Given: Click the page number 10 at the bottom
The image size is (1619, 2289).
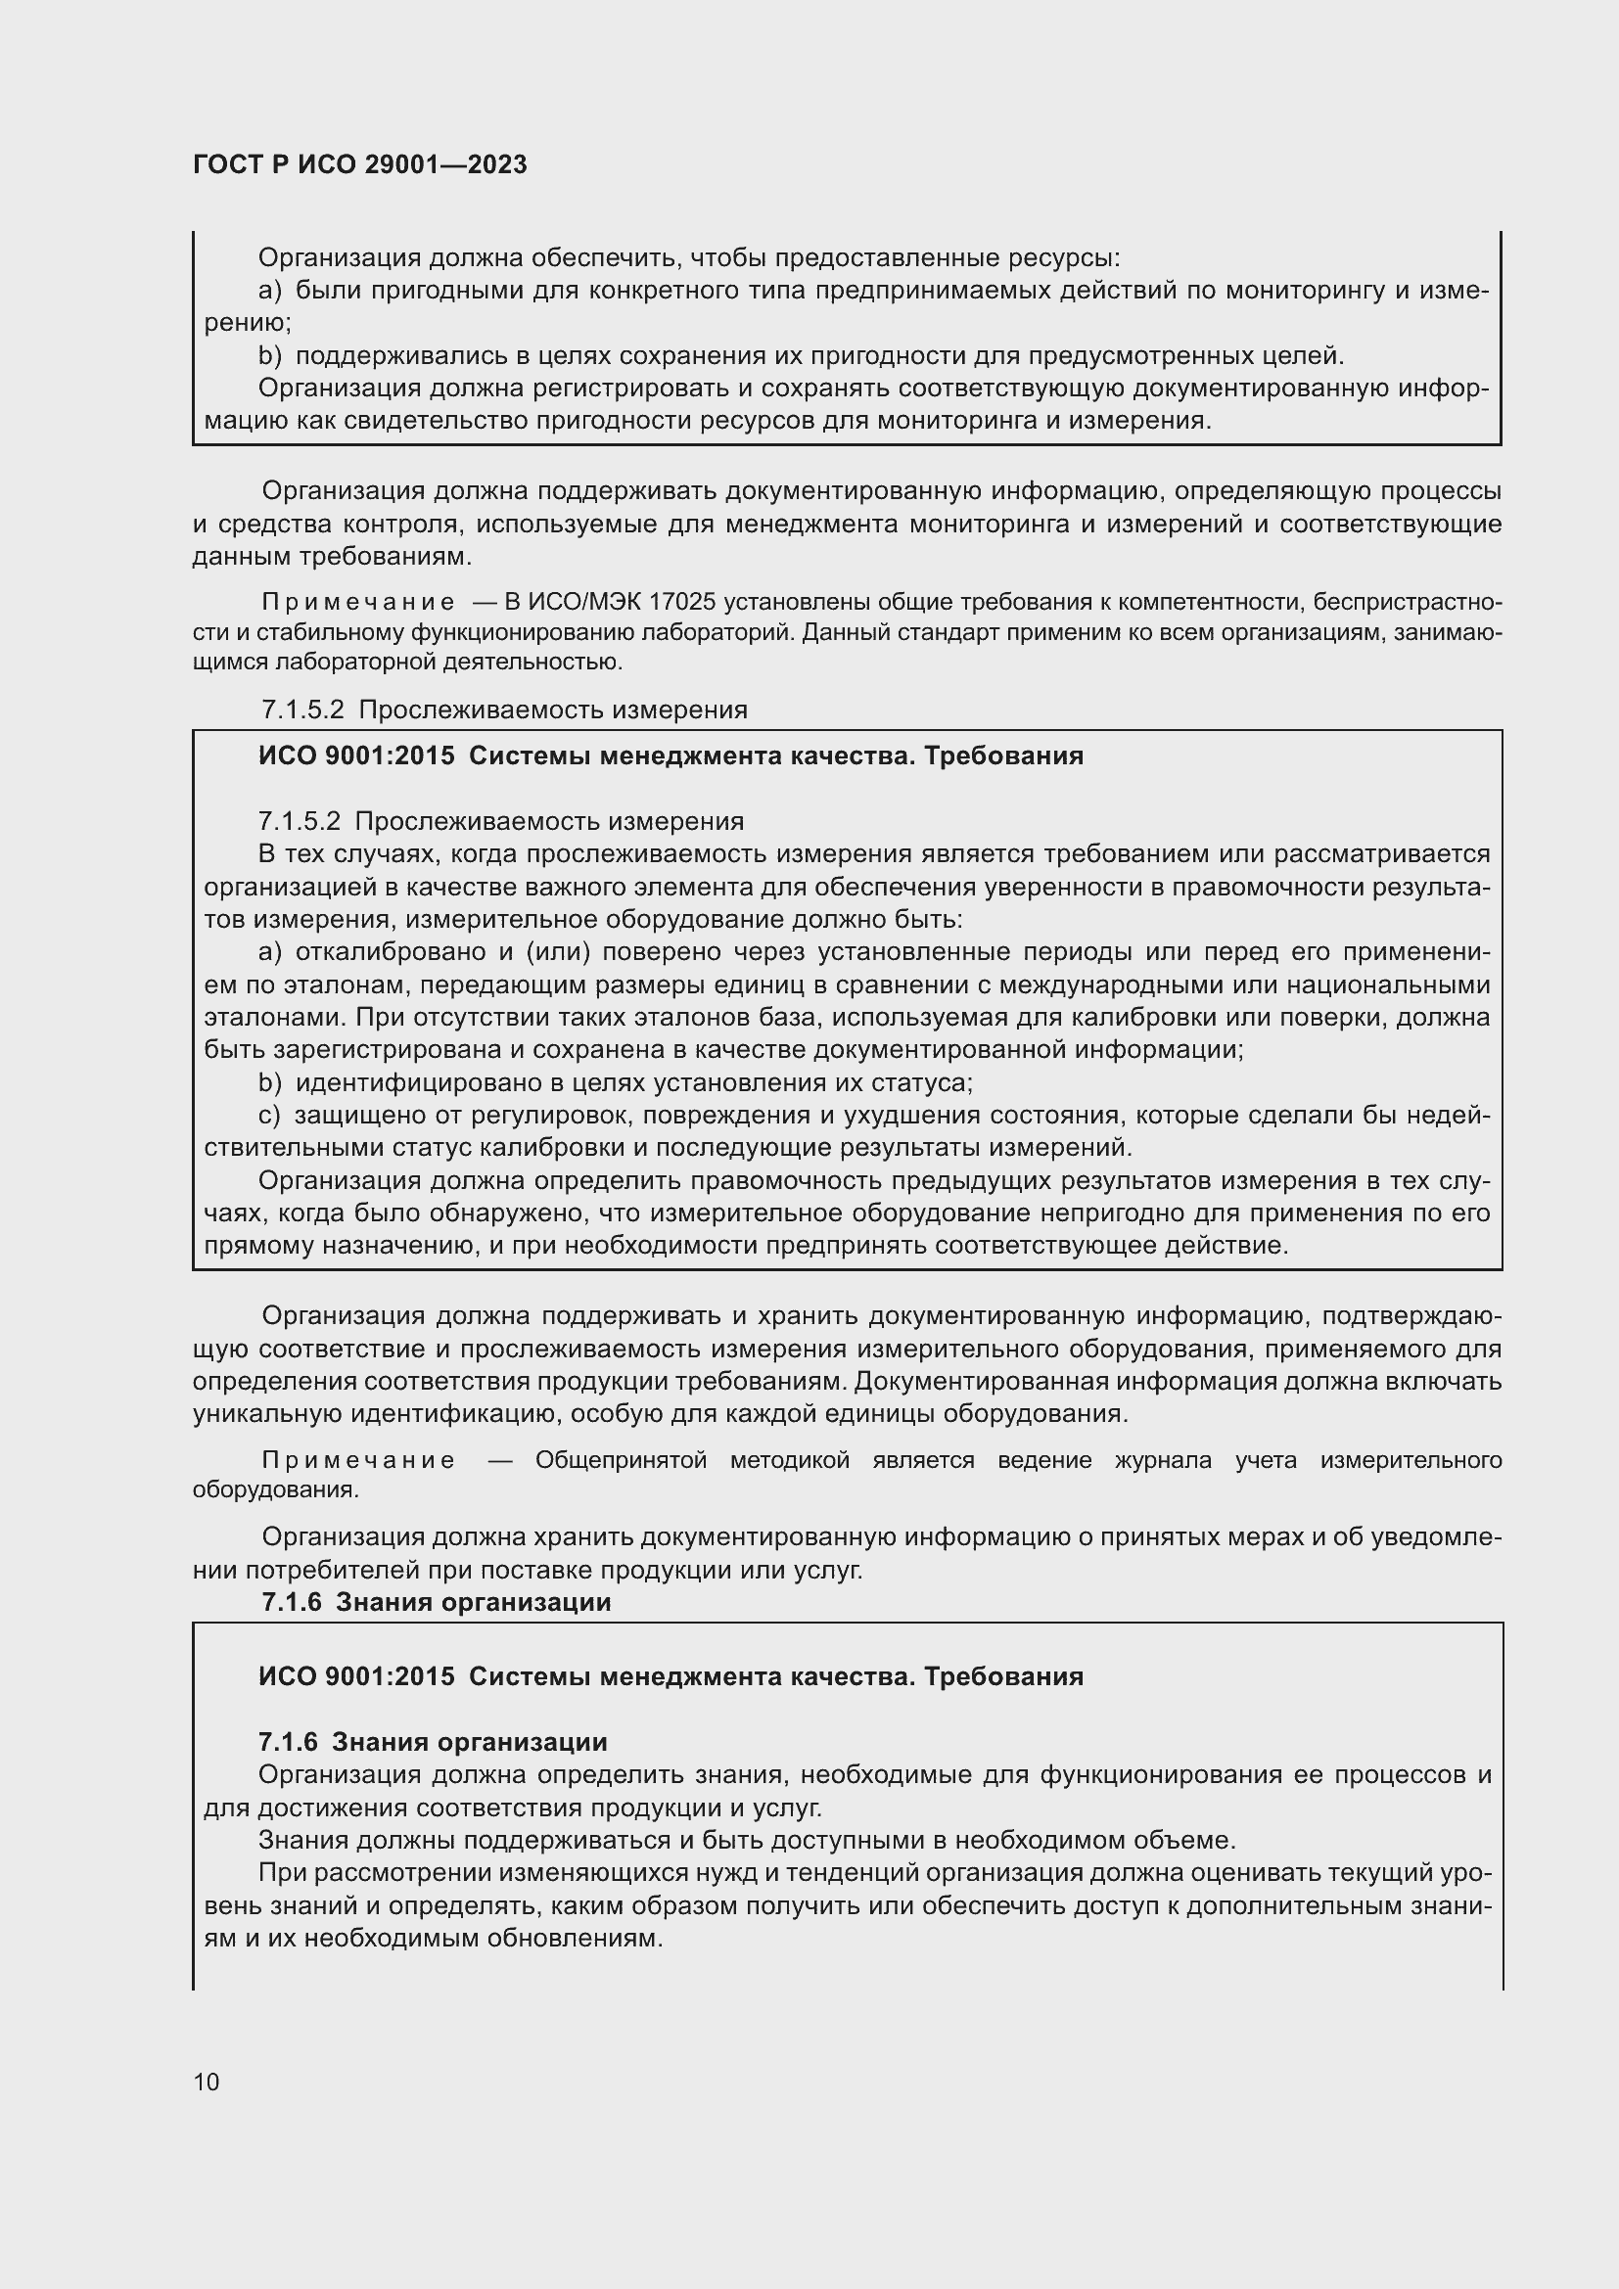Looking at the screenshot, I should [207, 2082].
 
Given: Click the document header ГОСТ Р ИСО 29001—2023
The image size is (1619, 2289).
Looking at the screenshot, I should [360, 165].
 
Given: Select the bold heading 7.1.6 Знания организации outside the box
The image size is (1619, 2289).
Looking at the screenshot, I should [436, 1602].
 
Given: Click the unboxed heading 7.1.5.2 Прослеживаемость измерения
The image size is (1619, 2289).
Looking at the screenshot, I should [503, 710].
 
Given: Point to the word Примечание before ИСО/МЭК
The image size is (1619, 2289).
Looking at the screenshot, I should [358, 602].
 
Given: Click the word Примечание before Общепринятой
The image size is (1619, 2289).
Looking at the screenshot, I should [358, 1460].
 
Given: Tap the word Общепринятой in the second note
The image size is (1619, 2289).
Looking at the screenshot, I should [622, 1460].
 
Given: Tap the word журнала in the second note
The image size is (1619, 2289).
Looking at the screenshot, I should [1163, 1460].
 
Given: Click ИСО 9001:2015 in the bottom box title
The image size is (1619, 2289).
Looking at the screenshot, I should [356, 1677].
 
